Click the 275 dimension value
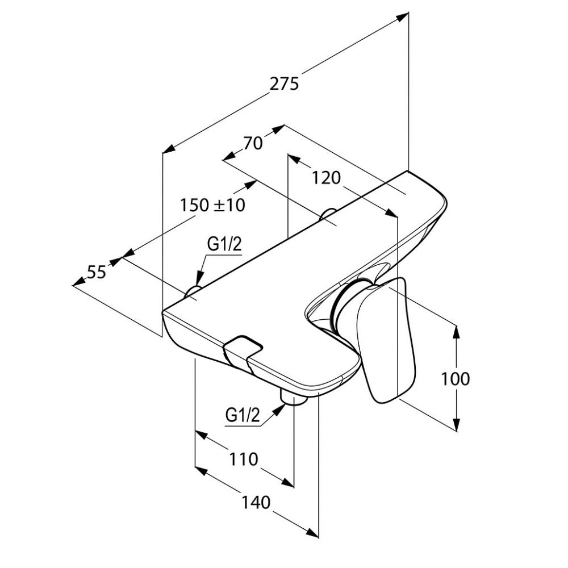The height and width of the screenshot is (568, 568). pyautogui.click(x=284, y=84)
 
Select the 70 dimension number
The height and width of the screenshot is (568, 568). pyautogui.click(x=253, y=143)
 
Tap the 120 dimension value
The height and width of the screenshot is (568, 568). pyautogui.click(x=326, y=178)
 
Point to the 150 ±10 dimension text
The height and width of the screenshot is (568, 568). pyautogui.click(x=213, y=204)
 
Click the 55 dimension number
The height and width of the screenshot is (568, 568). pyautogui.click(x=97, y=273)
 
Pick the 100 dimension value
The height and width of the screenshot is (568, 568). pyautogui.click(x=456, y=378)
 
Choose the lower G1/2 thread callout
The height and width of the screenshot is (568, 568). pyautogui.click(x=243, y=416)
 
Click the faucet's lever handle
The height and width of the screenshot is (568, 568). pyautogui.click(x=386, y=341)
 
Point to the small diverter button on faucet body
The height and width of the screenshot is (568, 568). pyautogui.click(x=243, y=348)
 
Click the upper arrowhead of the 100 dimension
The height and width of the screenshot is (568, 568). pyautogui.click(x=456, y=330)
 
